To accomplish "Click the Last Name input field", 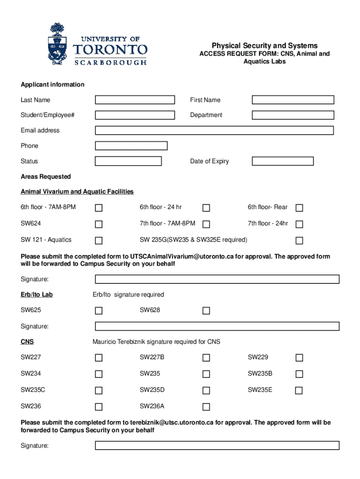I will [135, 100].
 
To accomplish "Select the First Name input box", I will [293, 100].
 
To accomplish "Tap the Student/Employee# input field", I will [135, 115].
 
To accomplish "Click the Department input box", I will [293, 115].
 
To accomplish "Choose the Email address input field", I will [214, 131].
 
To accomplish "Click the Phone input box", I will [131, 146].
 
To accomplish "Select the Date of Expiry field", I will [282, 161].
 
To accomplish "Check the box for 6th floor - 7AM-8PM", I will [99, 208].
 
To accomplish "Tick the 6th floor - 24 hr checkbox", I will [206, 208].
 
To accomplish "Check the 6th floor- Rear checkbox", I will [299, 208].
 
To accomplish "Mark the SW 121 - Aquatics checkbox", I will [99, 240].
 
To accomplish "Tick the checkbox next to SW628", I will [206, 311].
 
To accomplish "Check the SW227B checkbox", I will [206, 358].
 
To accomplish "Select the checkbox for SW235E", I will [299, 391].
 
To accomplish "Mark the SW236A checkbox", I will [206, 407].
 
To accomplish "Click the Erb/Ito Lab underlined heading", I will [33, 295].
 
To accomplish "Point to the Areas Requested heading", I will [46, 177].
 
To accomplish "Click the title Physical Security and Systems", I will [265, 46].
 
